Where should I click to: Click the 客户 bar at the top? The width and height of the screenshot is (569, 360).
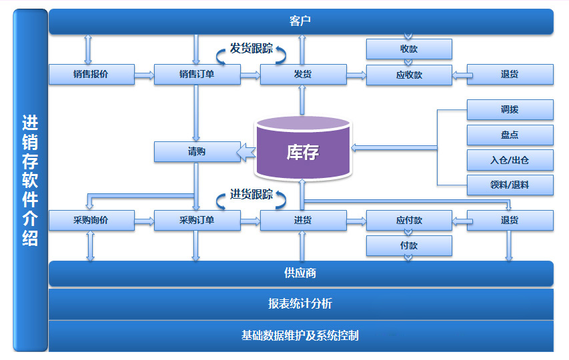point(301,21)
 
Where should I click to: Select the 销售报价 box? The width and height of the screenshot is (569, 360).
point(91,75)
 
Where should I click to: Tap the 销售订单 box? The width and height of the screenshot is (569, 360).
point(197,75)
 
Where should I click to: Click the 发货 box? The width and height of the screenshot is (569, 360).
point(303,75)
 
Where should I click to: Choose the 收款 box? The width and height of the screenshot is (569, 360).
point(409,49)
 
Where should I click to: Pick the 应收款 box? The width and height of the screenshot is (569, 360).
point(409,75)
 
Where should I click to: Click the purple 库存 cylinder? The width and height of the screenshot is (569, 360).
point(303,151)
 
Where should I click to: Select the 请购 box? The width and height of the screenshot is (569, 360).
point(197,152)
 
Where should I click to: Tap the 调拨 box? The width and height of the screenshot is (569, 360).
point(510,110)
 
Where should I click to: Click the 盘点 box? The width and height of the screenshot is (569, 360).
point(510,135)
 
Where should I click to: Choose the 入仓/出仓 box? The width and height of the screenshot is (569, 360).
point(510,160)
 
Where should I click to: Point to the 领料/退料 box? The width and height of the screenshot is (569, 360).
point(510,185)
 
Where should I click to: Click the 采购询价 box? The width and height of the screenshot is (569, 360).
point(91,221)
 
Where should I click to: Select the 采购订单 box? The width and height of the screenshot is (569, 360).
point(197,221)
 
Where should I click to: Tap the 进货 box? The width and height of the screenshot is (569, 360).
point(303,221)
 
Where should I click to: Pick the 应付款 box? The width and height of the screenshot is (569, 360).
point(409,221)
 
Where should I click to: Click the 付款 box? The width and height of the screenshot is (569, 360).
point(409,246)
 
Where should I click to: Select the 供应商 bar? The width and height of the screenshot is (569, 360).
point(301,273)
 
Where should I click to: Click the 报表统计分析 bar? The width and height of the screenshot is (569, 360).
point(301,304)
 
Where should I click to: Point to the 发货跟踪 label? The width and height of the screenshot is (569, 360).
point(251,49)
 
